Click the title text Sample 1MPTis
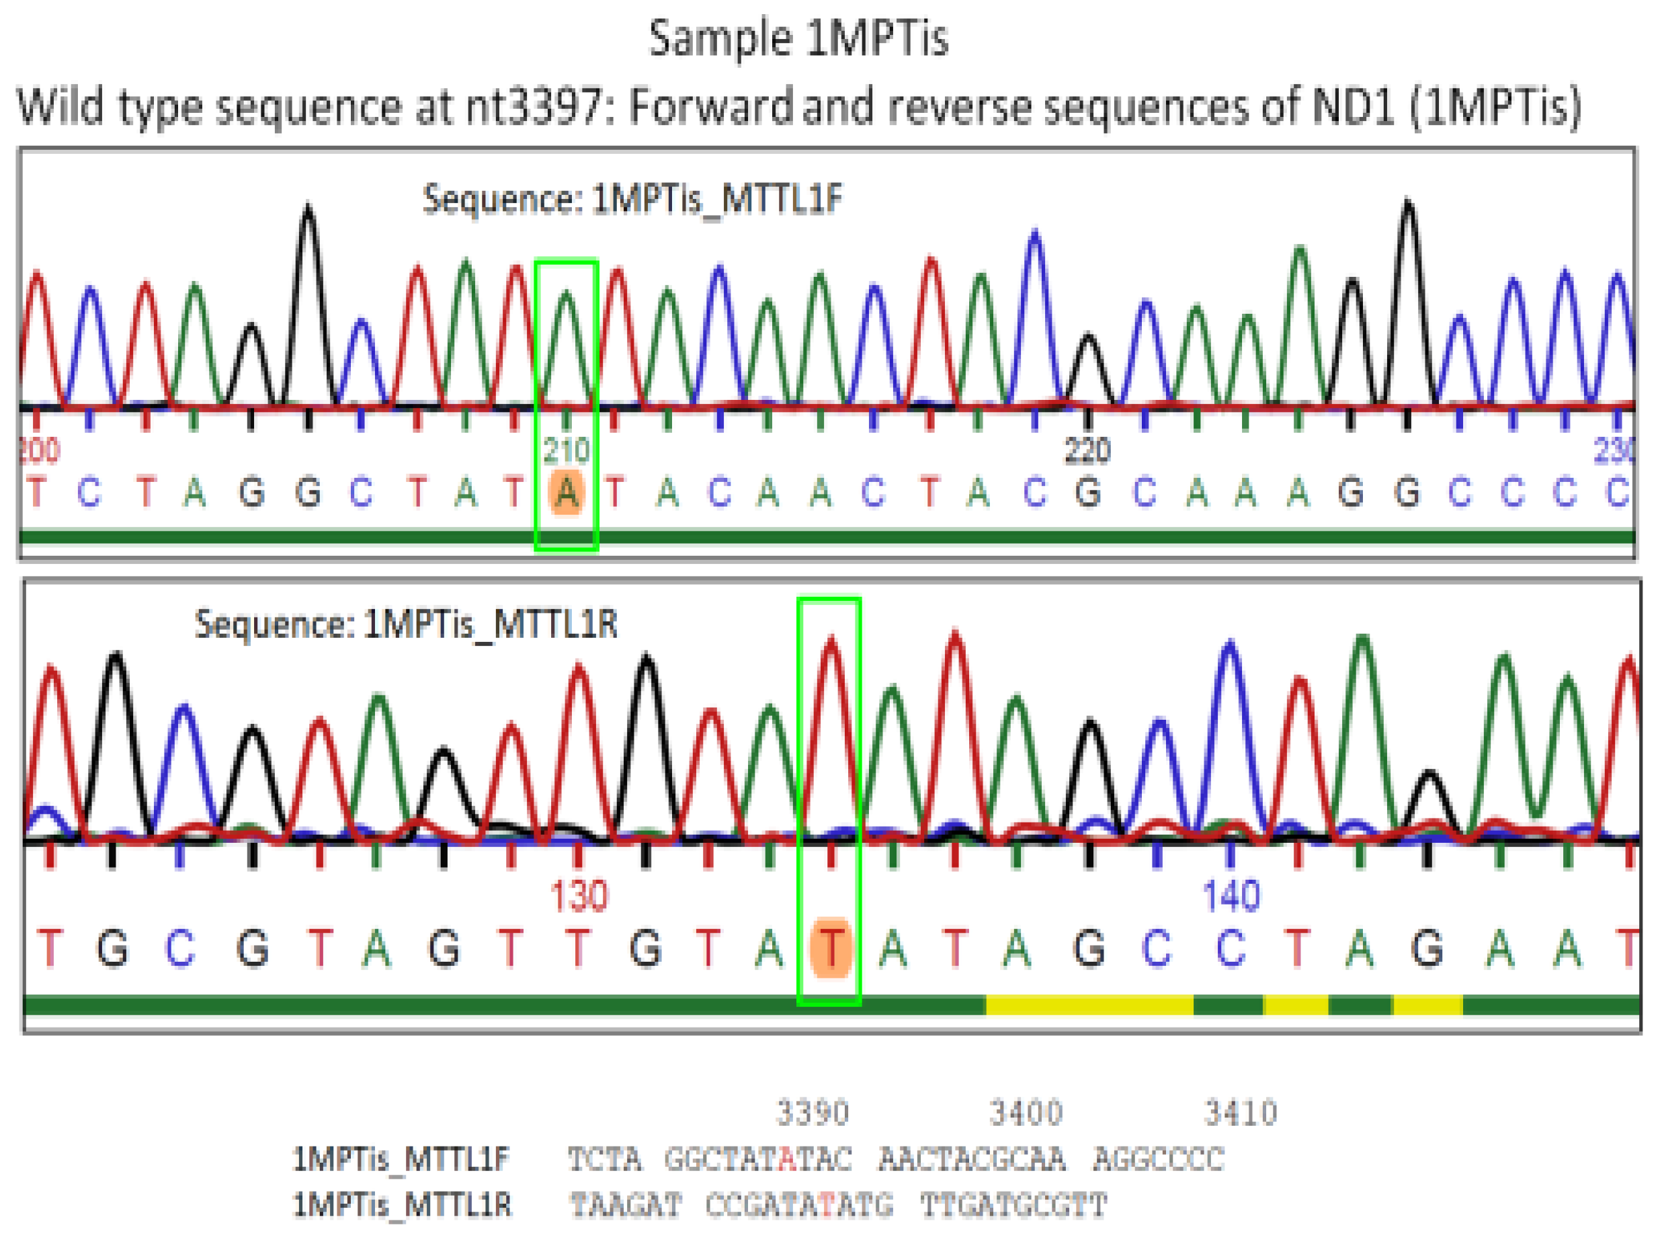click(798, 39)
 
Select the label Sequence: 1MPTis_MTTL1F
click(632, 200)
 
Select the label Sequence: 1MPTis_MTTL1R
click(406, 624)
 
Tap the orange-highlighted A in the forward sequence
click(567, 493)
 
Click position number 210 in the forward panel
click(567, 451)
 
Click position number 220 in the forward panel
click(1087, 451)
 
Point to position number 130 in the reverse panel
click(579, 896)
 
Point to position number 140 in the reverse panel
click(1231, 896)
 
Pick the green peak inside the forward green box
click(567, 315)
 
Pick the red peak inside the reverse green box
click(831, 675)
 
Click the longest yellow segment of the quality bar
click(1089, 1005)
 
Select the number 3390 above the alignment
click(813, 1113)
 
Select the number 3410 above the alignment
click(1241, 1113)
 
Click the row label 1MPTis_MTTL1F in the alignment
click(401, 1159)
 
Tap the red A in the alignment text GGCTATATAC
click(787, 1159)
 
